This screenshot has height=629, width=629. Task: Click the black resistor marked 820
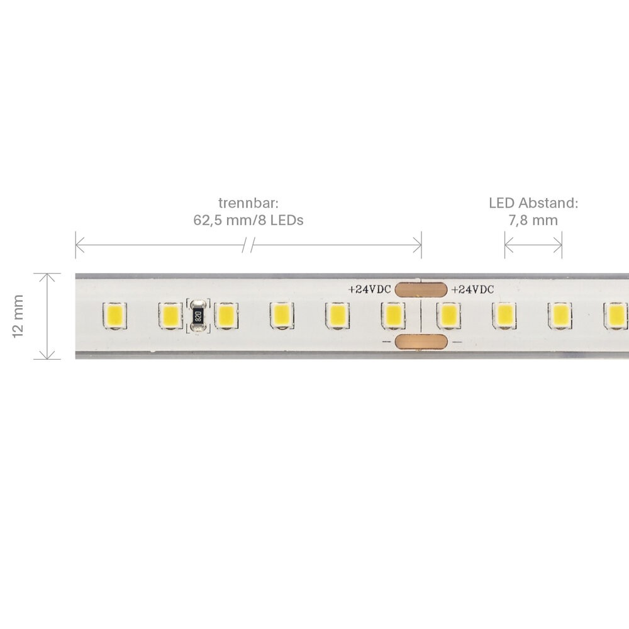pyautogui.click(x=198, y=316)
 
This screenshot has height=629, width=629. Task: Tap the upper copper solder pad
pyautogui.click(x=421, y=289)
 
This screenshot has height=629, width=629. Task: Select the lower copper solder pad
pyautogui.click(x=421, y=342)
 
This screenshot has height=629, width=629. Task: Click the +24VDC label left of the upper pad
pyautogui.click(x=369, y=289)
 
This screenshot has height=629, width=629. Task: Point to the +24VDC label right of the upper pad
pyautogui.click(x=472, y=289)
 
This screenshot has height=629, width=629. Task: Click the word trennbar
pyautogui.click(x=248, y=203)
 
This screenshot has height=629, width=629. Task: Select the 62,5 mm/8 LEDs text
pyautogui.click(x=248, y=220)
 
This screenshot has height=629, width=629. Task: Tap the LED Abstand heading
pyautogui.click(x=533, y=203)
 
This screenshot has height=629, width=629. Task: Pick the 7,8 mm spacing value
pyautogui.click(x=533, y=220)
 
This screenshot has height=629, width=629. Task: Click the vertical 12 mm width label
pyautogui.click(x=18, y=316)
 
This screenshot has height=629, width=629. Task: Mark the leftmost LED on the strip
pyautogui.click(x=114, y=316)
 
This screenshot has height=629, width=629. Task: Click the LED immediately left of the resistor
pyautogui.click(x=170, y=316)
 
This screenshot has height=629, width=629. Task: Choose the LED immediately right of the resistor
pyautogui.click(x=226, y=316)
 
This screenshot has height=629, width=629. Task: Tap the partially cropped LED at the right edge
pyautogui.click(x=616, y=316)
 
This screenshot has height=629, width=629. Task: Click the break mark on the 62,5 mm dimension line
pyautogui.click(x=248, y=245)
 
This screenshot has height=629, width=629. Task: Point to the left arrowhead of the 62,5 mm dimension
pyautogui.click(x=79, y=245)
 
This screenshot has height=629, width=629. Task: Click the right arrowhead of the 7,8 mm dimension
pyautogui.click(x=557, y=245)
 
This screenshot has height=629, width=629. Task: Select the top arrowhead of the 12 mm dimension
pyautogui.click(x=47, y=277)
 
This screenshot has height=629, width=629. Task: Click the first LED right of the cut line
pyautogui.click(x=448, y=316)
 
